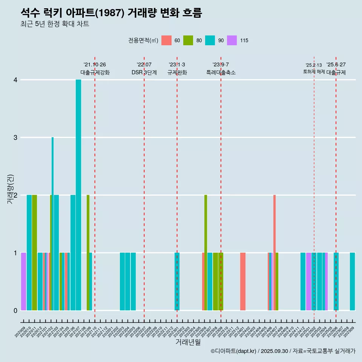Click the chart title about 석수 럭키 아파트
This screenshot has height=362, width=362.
(x=111, y=13)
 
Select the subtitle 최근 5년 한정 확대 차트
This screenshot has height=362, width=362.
(x=55, y=24)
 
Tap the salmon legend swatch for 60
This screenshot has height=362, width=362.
(x=166, y=40)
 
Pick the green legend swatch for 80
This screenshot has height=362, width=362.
(x=188, y=40)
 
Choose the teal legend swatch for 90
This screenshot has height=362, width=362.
(x=210, y=40)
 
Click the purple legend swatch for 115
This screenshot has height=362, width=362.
(x=232, y=40)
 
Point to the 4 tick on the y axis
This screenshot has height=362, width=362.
(x=15, y=80)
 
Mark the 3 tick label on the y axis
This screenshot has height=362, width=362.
(x=15, y=138)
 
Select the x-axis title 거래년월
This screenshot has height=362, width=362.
(x=188, y=342)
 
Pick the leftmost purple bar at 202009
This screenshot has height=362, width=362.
(x=23, y=281)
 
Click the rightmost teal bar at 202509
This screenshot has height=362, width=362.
(x=352, y=281)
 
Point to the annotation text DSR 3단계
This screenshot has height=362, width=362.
(x=144, y=72)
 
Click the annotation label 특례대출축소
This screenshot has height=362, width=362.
(x=221, y=72)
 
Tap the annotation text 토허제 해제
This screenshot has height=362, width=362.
(x=314, y=72)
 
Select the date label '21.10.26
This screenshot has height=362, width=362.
(x=95, y=64)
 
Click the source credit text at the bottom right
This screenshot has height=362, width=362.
(x=283, y=351)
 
